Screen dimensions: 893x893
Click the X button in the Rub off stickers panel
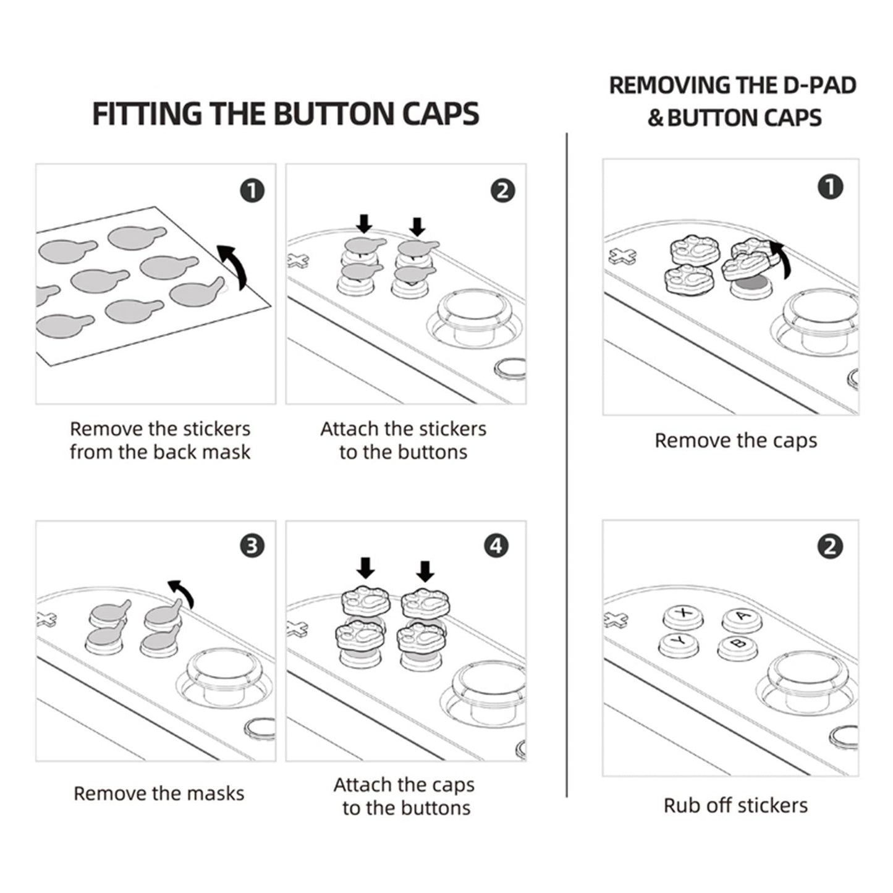point(682,613)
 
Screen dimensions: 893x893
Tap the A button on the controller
point(742,617)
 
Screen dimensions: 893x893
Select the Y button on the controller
point(678,643)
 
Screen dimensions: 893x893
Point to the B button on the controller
point(738,645)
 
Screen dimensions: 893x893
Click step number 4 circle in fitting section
point(497,546)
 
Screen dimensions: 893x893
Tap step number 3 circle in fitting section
point(252,546)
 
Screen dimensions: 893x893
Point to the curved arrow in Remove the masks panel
point(183,593)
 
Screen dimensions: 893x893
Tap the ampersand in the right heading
point(655,118)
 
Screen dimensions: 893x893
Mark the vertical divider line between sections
point(567,463)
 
